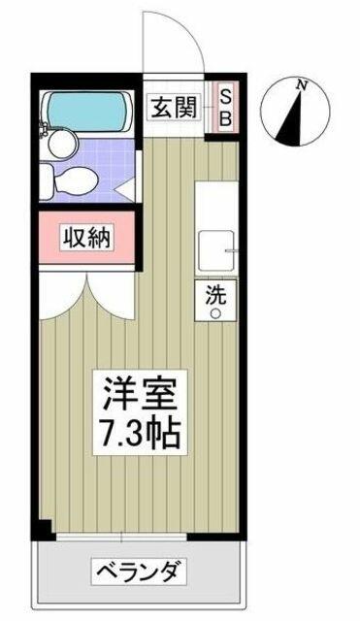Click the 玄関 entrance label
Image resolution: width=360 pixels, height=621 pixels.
pyautogui.click(x=174, y=107)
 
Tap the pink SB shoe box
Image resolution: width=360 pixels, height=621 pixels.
pyautogui.click(x=225, y=107)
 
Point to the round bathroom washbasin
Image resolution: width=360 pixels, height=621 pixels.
pyautogui.click(x=62, y=145)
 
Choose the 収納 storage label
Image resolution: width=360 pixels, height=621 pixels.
pyautogui.click(x=87, y=237)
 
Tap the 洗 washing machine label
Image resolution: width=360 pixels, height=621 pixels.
pyautogui.click(x=215, y=295)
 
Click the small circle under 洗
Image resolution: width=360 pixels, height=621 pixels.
pyautogui.click(x=215, y=313)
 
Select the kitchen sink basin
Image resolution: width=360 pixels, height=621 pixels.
pyautogui.click(x=215, y=250)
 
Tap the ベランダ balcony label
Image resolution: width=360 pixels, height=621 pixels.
pyautogui.click(x=139, y=572)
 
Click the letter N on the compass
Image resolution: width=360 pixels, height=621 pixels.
pyautogui.click(x=303, y=84)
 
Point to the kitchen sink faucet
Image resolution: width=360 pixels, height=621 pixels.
pyautogui.click(x=231, y=250)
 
